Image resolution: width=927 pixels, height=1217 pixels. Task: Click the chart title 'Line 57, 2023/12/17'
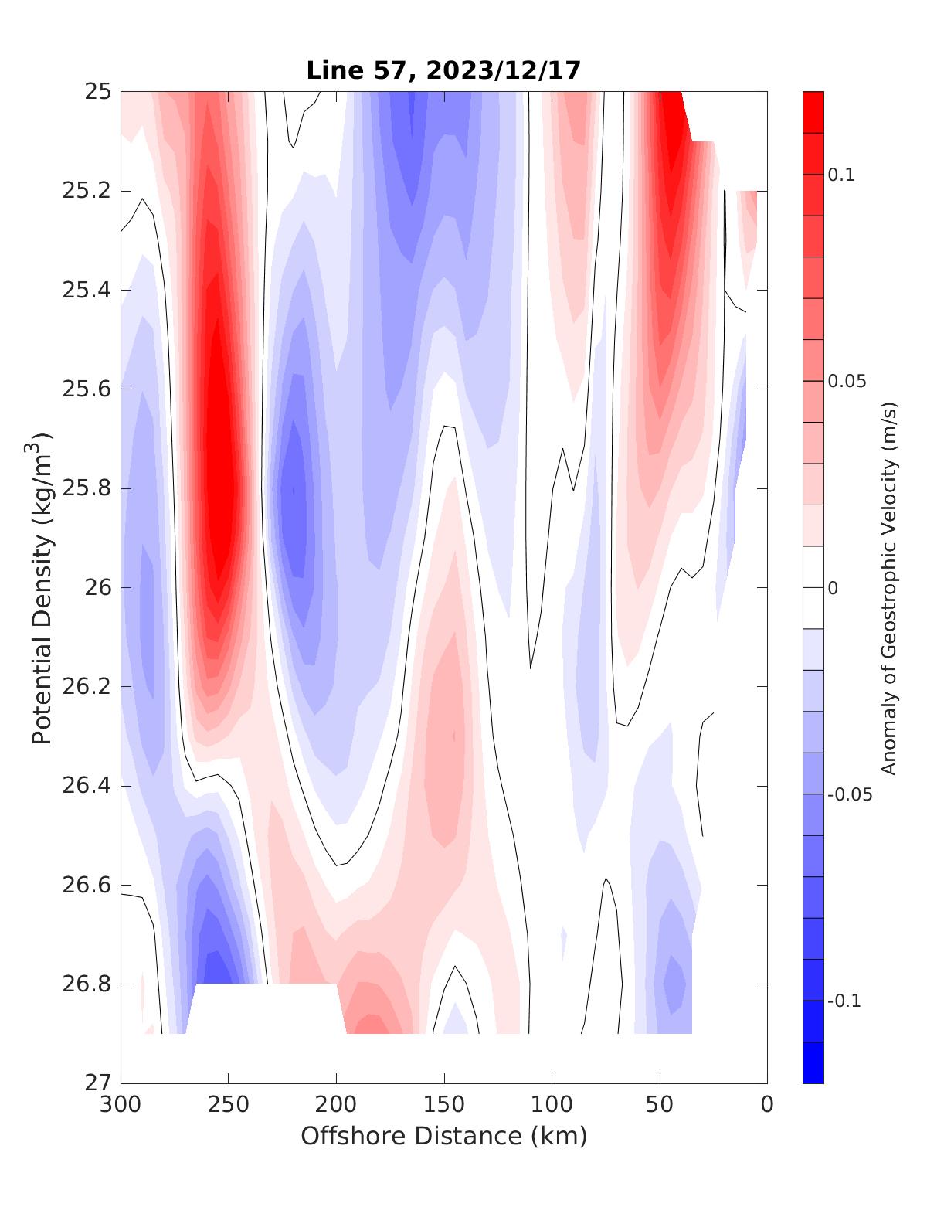coord(443,70)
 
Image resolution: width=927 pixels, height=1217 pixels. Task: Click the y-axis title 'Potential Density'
coord(42,587)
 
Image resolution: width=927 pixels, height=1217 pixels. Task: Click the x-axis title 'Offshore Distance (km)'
coord(443,1136)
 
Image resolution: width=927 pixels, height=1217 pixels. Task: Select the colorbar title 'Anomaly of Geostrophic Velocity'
coord(889,587)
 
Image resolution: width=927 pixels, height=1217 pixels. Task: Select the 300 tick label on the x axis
coord(121,1105)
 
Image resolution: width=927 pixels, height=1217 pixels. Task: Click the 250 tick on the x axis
coord(229,1105)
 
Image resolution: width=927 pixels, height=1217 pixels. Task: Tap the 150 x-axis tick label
coord(444,1105)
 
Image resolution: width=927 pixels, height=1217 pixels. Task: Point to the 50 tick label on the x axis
coord(660,1105)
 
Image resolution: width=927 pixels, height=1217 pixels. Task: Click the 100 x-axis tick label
coord(552,1105)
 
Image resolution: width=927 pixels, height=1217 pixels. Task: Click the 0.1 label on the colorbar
coord(841,175)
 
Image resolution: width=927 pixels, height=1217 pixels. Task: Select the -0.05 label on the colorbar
coord(850,795)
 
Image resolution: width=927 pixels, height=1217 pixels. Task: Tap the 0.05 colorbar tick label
coord(847,381)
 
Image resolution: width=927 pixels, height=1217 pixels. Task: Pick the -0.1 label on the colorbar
coord(844,1001)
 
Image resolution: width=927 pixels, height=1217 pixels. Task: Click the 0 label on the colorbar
coord(833,588)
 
